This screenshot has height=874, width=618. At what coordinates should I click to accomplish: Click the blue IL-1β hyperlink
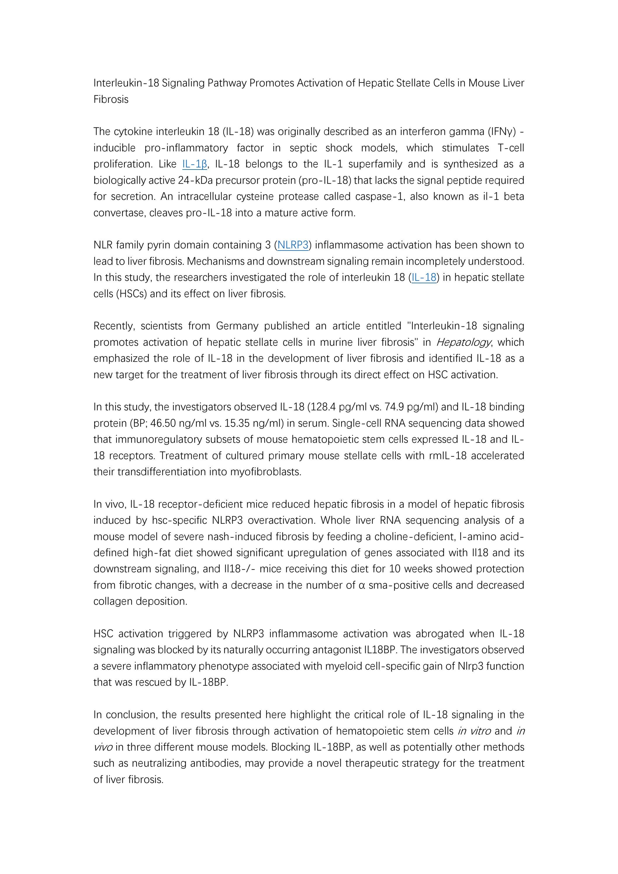coord(194,164)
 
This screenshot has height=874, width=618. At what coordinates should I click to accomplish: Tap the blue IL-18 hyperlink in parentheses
coord(424,277)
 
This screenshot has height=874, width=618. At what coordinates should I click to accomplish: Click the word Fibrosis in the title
coord(111,99)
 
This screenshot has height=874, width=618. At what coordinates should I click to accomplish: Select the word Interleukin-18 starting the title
coord(126,83)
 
